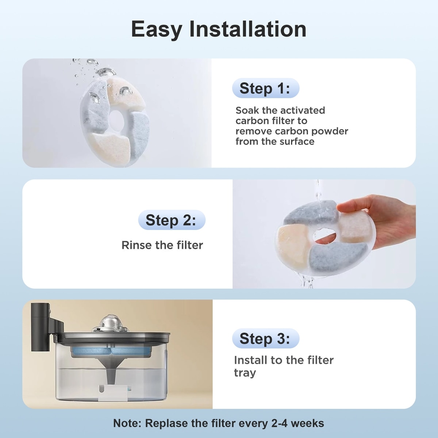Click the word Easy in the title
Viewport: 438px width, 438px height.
(157, 30)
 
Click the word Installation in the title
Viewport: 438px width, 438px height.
(248, 29)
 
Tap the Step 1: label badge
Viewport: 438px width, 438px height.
(265, 88)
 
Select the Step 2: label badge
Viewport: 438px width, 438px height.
(172, 220)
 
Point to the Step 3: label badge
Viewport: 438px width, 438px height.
(265, 338)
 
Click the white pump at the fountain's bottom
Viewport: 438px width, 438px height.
(114, 392)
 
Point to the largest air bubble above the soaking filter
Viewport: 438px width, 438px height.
(106, 72)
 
